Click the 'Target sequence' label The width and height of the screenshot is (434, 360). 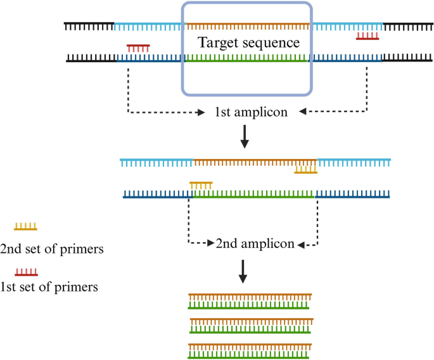tap(248, 43)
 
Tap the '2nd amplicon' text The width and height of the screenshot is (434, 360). tap(255, 243)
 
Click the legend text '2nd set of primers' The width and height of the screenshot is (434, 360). tap(52, 248)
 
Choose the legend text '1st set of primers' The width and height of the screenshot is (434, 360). tap(49, 287)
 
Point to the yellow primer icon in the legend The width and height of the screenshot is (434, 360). tap(26, 226)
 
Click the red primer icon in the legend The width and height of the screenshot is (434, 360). tap(26, 272)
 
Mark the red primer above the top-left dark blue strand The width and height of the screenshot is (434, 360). tap(138, 48)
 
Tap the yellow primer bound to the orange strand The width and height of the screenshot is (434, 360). tap(305, 169)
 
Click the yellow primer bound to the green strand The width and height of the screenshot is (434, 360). tap(201, 185)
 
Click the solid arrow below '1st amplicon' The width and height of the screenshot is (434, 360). tap(245, 137)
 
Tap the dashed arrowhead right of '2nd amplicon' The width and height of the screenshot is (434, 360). tap(300, 244)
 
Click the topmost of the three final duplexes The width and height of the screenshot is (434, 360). tap(249, 301)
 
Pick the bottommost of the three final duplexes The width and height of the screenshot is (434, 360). tap(249, 351)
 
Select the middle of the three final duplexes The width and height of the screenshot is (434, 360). tap(250, 326)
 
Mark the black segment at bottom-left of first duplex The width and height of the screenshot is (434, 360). tap(91, 58)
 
